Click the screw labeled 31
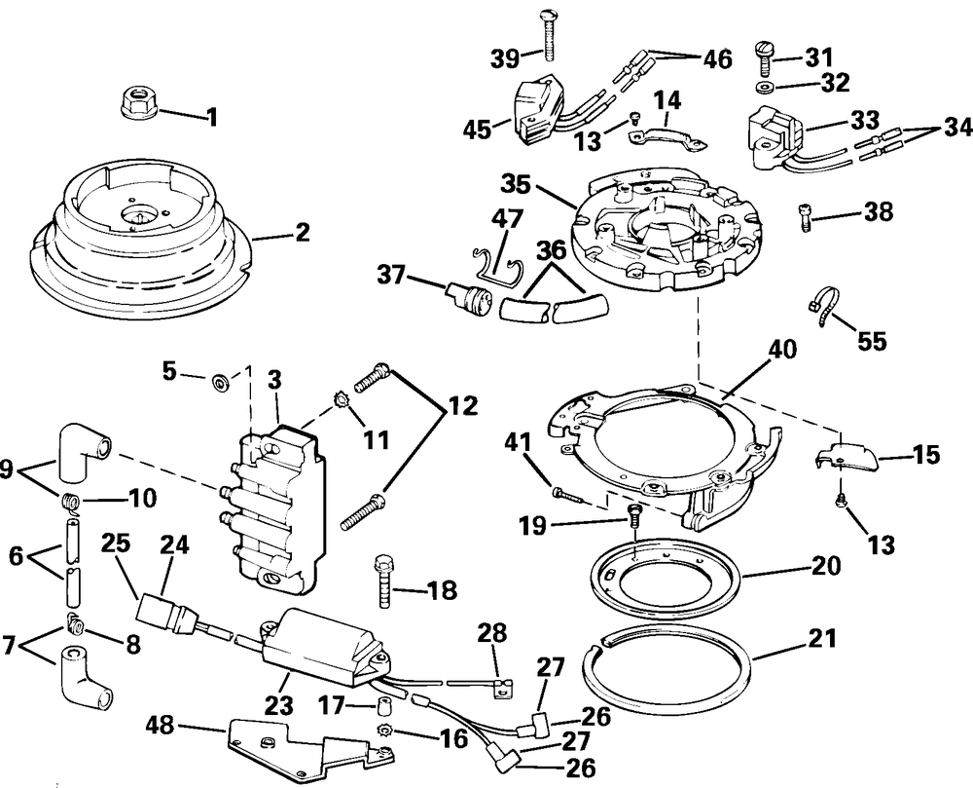(x=766, y=57)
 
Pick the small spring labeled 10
(x=68, y=503)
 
